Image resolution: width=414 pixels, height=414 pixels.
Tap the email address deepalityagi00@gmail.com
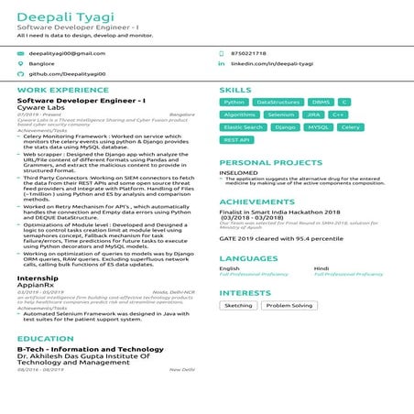tap(66, 54)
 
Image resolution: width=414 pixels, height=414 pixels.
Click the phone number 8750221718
tap(249, 54)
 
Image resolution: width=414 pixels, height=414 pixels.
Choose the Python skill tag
tap(234, 103)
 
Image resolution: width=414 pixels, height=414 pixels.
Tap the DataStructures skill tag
tap(278, 103)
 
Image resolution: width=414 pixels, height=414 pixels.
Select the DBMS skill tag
tap(321, 103)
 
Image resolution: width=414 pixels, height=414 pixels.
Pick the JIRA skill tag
tap(313, 115)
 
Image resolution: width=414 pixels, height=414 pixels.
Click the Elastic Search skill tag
tap(243, 128)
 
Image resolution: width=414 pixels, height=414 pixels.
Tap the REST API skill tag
tap(236, 141)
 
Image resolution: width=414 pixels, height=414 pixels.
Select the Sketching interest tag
tap(239, 306)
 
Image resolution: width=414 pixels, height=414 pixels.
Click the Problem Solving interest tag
tap(289, 306)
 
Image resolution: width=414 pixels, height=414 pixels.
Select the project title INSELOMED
tap(238, 172)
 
